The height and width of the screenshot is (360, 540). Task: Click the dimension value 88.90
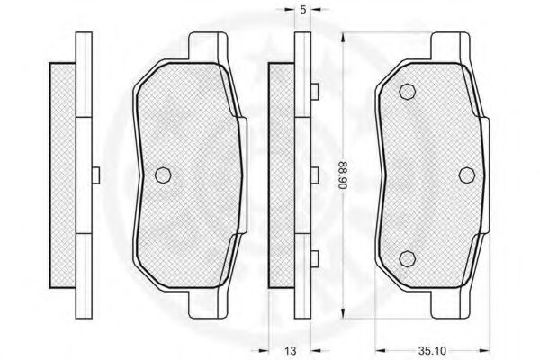(x=342, y=175)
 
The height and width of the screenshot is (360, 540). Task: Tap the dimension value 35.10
(x=432, y=351)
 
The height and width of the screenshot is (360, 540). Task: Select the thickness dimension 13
(x=291, y=351)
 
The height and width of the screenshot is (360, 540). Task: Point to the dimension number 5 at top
(x=302, y=10)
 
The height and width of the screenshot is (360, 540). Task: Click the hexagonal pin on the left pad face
(x=163, y=175)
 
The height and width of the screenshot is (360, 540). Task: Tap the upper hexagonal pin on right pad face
(x=408, y=92)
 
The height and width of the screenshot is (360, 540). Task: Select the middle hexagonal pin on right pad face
(x=467, y=175)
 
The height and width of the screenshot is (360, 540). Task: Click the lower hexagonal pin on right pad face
(x=407, y=258)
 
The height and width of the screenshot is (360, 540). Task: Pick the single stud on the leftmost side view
(x=95, y=175)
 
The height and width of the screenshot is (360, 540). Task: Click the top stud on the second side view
(x=315, y=92)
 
